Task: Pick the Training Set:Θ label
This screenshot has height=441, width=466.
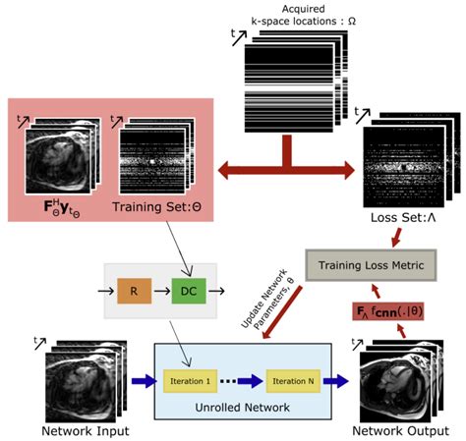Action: [x=150, y=207]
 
